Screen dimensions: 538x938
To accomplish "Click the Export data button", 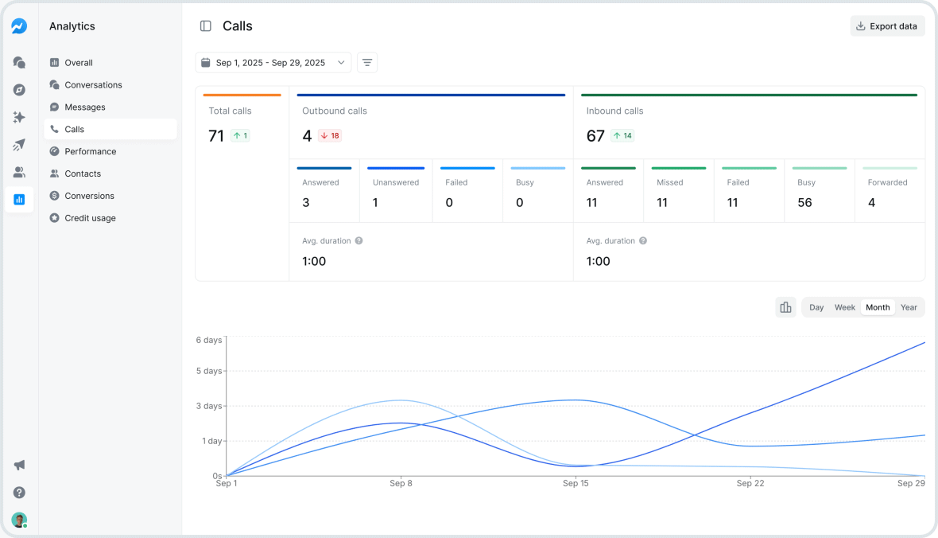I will [x=887, y=26].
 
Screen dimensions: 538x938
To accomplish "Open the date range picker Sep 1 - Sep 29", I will [x=273, y=63].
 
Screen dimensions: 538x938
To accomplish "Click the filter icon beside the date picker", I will [x=366, y=63].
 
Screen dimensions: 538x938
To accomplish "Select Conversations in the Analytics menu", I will [x=93, y=85].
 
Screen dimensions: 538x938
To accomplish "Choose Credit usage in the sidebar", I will [x=90, y=218].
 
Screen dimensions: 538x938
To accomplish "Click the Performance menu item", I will [x=90, y=151].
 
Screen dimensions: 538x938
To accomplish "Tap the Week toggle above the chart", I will [x=844, y=307].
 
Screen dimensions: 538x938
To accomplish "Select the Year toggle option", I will [x=909, y=307].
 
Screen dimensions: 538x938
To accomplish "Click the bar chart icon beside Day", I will [x=785, y=307].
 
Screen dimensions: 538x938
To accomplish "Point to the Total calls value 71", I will [x=216, y=136].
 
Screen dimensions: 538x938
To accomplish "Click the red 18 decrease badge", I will [x=330, y=136].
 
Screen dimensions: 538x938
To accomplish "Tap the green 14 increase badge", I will [x=622, y=136].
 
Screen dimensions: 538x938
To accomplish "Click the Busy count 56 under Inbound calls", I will [x=805, y=203].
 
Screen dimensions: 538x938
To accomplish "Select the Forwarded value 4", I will [x=871, y=203].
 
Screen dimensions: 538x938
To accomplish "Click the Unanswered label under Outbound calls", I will [x=395, y=182].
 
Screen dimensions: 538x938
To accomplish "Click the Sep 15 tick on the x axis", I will [x=575, y=483].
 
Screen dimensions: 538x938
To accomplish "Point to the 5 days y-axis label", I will [x=209, y=371].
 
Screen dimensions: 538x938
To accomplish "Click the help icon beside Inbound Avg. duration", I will [x=643, y=240].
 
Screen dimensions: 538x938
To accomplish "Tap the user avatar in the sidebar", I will [x=19, y=520].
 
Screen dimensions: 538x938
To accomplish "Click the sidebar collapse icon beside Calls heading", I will [x=206, y=26].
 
